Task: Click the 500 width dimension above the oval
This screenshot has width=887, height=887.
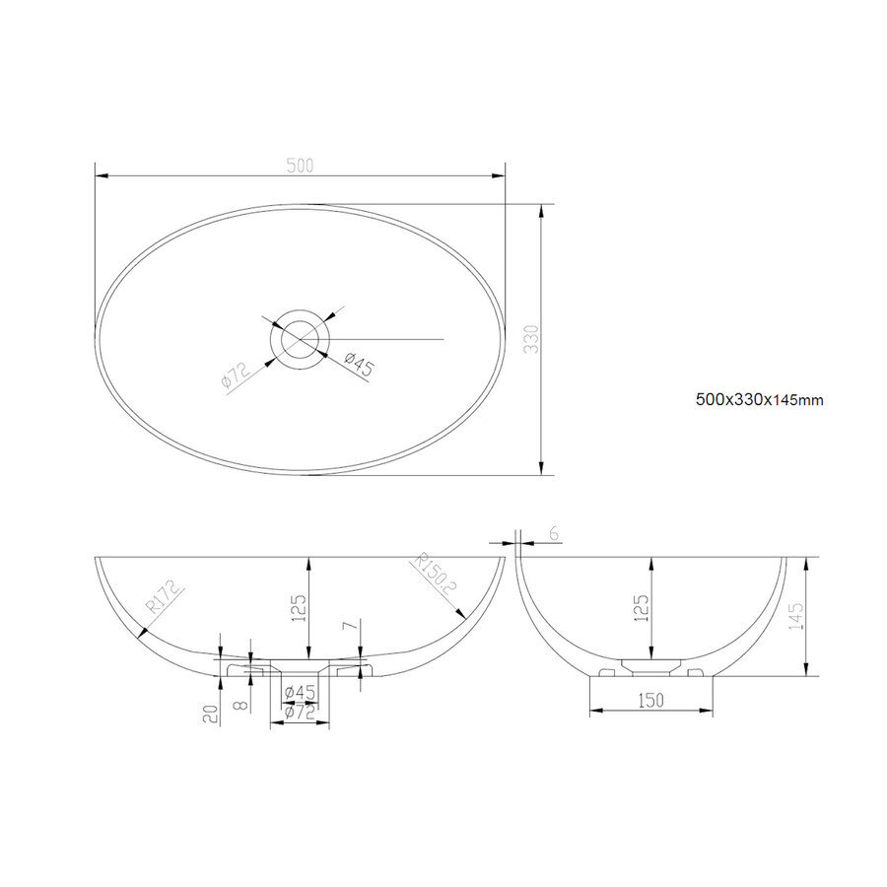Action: pyautogui.click(x=300, y=166)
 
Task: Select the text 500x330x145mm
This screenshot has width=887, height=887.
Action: pyautogui.click(x=759, y=400)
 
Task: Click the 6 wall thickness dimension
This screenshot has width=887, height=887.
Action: pyautogui.click(x=553, y=533)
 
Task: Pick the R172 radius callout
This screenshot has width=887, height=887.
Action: pyautogui.click(x=160, y=599)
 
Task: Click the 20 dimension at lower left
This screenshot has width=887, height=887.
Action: pyautogui.click(x=210, y=714)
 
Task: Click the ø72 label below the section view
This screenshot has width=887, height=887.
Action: pyautogui.click(x=300, y=713)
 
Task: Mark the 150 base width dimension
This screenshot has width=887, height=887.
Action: pyautogui.click(x=649, y=700)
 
